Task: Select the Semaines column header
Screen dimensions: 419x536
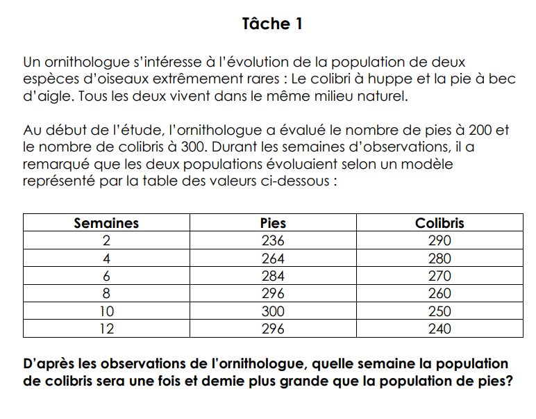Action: pos(106,223)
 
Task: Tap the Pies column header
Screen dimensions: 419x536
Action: pos(273,223)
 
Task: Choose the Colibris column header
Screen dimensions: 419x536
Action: pos(439,223)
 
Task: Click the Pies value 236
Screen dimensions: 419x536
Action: pos(273,241)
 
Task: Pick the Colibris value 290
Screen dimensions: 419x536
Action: pos(439,241)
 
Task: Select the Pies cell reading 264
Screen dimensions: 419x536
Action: pos(273,258)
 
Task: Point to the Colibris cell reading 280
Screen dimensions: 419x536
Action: pos(439,258)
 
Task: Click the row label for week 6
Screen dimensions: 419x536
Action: pos(106,276)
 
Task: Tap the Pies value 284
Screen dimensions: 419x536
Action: pos(273,276)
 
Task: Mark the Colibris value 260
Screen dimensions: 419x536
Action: pos(439,293)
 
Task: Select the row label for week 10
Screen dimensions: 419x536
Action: pos(106,311)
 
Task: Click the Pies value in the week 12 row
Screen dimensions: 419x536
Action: pos(273,329)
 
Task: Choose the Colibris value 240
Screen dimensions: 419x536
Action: pos(439,329)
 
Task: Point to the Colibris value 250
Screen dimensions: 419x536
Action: pos(439,311)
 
